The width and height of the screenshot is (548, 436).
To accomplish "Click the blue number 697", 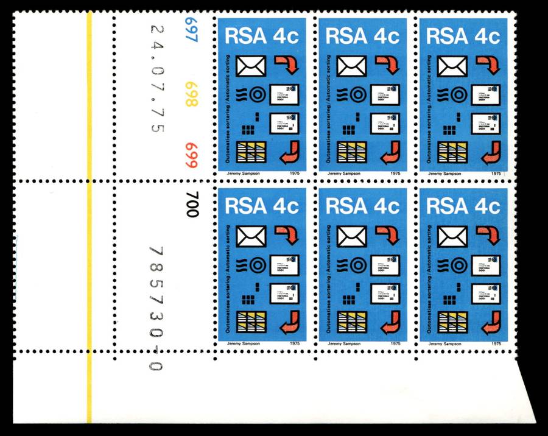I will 193,30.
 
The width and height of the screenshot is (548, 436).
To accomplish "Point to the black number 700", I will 193,205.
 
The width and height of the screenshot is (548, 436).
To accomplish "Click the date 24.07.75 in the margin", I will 156,78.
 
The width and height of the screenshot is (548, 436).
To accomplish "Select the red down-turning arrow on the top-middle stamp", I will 384,64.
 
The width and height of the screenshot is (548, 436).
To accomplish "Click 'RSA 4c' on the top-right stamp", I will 463,36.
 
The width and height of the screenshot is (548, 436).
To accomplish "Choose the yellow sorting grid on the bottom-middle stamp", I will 352,322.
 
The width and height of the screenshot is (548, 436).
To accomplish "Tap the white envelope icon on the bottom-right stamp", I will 452,236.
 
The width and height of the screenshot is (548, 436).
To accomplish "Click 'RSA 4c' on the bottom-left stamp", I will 262,206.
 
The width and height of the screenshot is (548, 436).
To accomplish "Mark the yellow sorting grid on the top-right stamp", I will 452,152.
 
